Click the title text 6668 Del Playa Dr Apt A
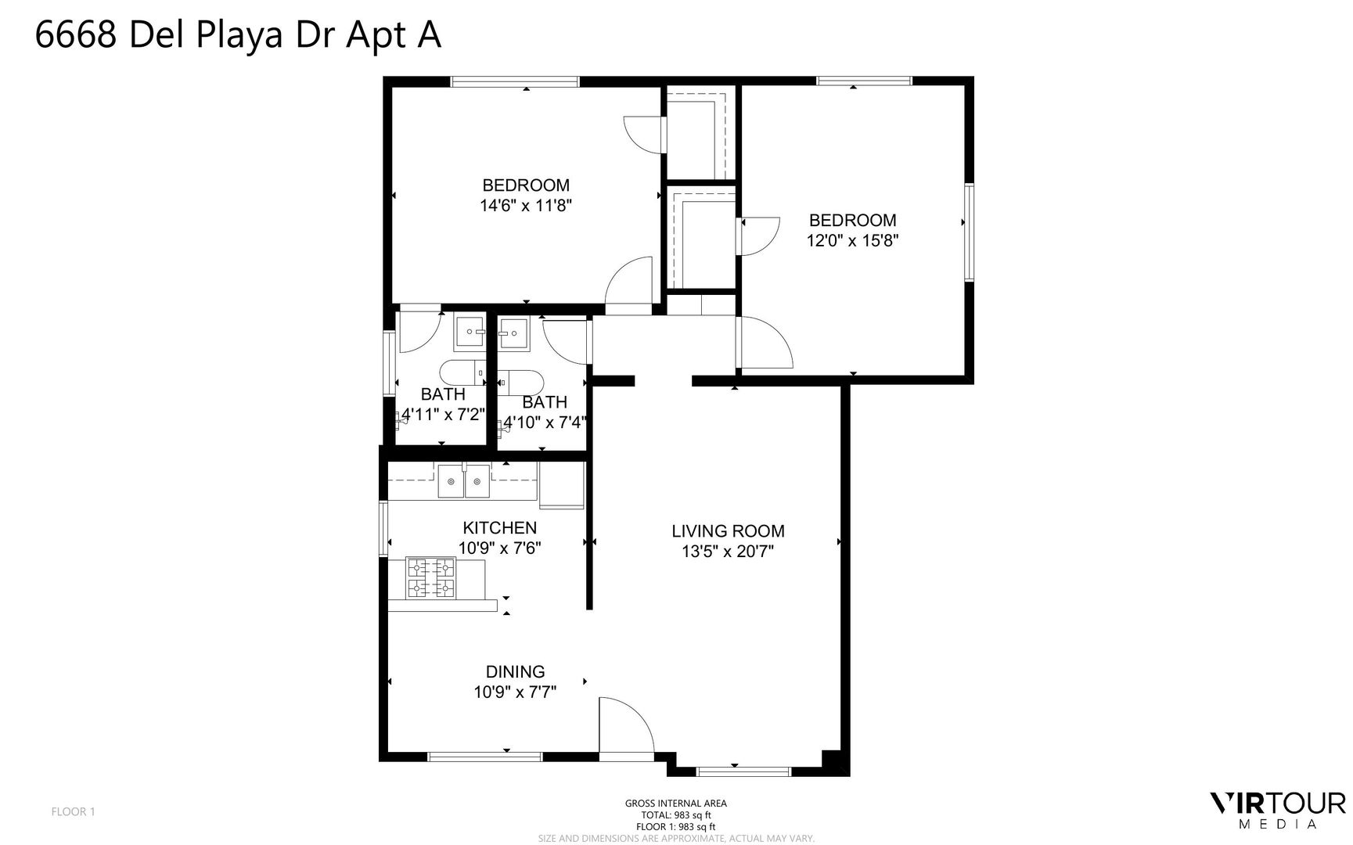[238, 36]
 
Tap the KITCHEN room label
[499, 528]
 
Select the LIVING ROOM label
[728, 531]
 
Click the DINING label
[515, 671]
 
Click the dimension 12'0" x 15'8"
[852, 241]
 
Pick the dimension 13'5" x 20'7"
[728, 552]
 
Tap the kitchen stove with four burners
[430, 577]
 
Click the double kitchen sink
[463, 481]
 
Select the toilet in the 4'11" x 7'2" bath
[462, 374]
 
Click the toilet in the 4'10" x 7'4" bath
[520, 382]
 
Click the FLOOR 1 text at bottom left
[73, 811]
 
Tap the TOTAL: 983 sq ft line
[675, 815]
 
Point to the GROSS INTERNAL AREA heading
[675, 804]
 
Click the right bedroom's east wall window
[969, 232]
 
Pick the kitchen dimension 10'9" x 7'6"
[499, 548]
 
